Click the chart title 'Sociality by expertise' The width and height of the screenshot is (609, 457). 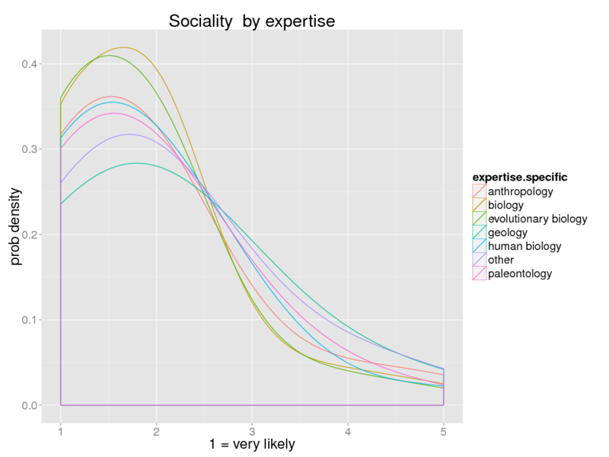coord(252,21)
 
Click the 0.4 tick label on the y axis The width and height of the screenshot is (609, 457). coord(30,64)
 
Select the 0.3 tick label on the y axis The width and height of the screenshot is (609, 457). coord(30,149)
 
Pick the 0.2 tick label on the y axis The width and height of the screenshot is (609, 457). coord(30,235)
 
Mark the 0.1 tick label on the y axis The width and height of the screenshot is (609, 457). coord(30,320)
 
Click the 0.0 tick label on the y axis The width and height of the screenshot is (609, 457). coord(30,405)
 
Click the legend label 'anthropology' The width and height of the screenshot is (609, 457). coord(520,191)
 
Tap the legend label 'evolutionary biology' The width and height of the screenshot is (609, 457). coord(537,219)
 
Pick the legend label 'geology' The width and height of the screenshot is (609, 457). coord(508,232)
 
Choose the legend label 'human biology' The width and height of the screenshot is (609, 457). coord(525,246)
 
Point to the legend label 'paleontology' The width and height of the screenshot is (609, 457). coord(520,273)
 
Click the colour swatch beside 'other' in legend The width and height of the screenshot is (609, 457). coord(479,260)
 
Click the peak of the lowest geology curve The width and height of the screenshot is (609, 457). coord(138,163)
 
